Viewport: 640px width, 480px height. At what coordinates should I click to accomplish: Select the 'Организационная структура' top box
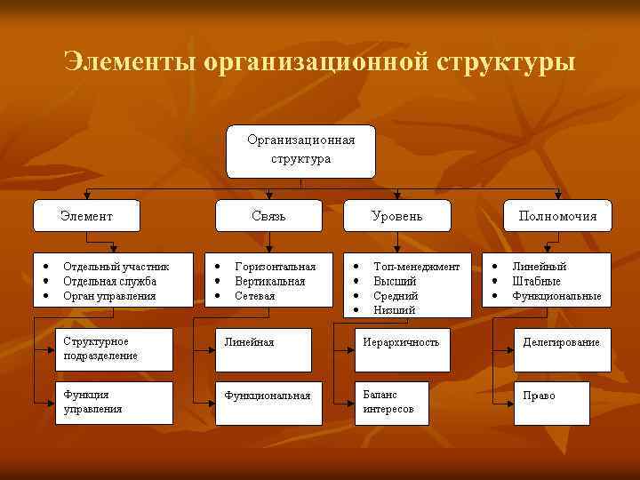[x=300, y=151]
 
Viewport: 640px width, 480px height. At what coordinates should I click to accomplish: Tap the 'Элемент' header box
[x=86, y=215]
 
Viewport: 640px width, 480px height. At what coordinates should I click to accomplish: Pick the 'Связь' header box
[x=268, y=215]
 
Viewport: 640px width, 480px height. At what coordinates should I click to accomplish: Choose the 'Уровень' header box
[x=396, y=215]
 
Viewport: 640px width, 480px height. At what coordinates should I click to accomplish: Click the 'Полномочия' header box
[x=557, y=215]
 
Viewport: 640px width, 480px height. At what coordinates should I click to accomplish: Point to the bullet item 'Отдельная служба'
[x=109, y=281]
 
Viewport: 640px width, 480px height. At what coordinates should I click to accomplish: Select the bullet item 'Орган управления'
[x=109, y=295]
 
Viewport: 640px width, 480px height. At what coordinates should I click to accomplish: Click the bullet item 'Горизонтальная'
[x=275, y=266]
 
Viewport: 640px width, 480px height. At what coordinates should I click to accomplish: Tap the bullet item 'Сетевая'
[x=255, y=295]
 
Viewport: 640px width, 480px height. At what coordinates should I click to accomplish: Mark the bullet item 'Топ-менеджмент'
[x=416, y=266]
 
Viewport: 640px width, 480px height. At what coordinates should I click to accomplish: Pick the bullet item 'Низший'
[x=394, y=310]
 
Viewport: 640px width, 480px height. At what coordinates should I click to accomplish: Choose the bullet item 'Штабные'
[x=536, y=281]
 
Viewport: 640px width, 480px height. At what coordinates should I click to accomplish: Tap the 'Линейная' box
[x=264, y=349]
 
